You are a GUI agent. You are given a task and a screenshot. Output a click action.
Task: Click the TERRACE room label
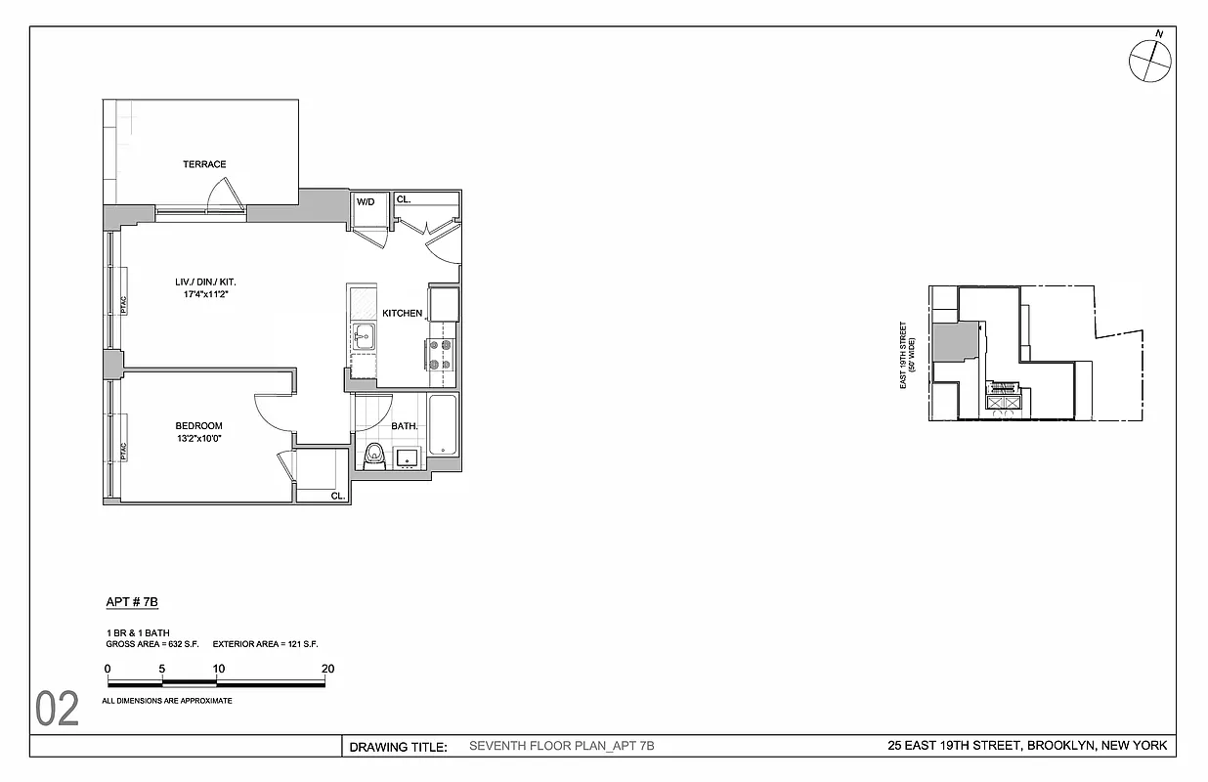(204, 164)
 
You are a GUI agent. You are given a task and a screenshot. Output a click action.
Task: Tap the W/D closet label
(366, 202)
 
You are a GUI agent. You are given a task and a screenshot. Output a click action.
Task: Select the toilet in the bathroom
(372, 455)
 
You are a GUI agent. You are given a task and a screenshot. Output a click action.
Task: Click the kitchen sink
(364, 337)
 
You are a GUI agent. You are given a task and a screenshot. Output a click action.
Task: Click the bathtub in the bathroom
(443, 425)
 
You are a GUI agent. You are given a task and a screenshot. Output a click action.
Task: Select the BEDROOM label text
(198, 426)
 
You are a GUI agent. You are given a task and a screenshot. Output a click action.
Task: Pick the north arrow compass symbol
(1150, 61)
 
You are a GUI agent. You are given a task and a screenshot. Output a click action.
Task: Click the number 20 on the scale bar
(328, 669)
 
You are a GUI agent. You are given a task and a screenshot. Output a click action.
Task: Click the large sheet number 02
(58, 710)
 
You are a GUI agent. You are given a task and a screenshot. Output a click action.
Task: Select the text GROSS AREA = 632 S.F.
(151, 644)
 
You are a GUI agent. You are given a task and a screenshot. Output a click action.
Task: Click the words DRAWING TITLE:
(398, 748)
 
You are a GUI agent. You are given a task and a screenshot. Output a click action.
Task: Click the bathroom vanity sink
(407, 456)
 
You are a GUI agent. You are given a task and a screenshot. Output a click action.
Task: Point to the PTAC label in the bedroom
(123, 452)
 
